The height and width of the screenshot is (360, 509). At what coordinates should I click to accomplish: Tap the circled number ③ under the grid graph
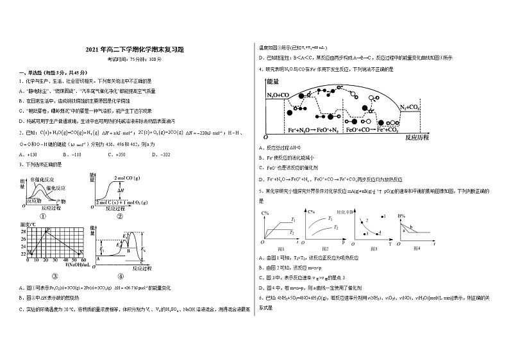[55, 277]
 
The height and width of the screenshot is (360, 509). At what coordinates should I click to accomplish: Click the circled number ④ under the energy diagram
[121, 277]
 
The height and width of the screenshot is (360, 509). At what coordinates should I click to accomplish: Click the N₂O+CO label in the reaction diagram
[278, 95]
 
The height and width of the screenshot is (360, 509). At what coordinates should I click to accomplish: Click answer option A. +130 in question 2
[28, 154]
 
